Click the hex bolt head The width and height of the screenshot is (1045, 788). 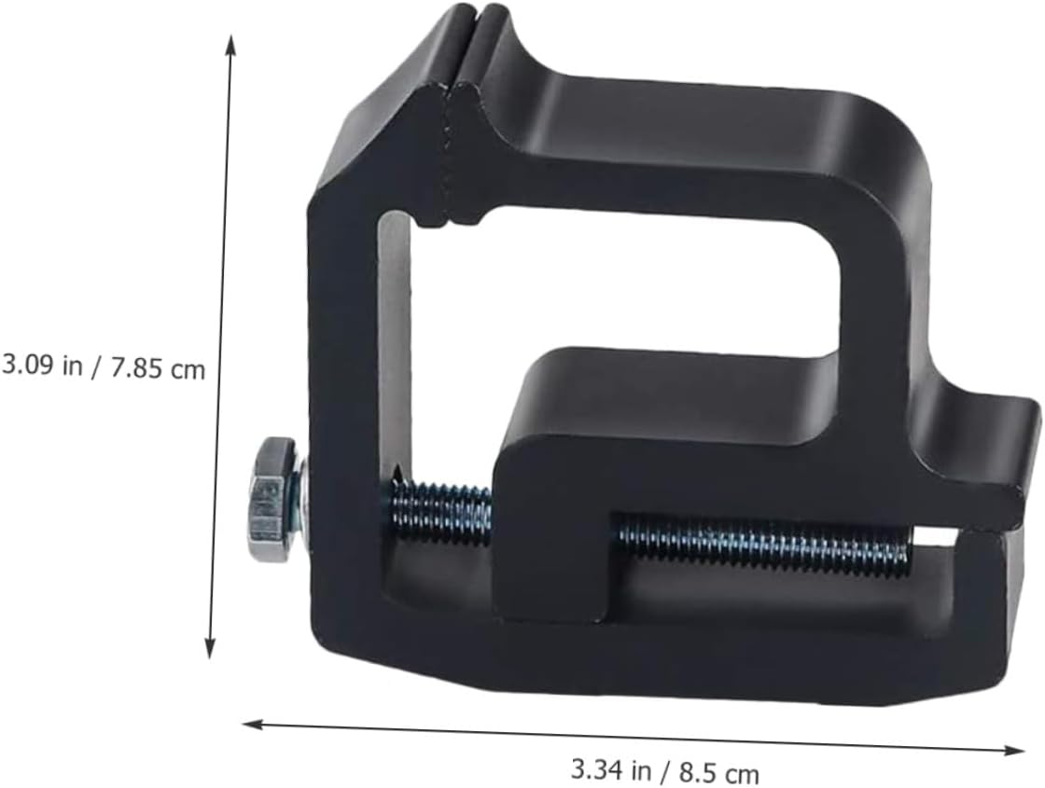(x=271, y=500)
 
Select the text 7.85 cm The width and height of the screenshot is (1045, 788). (x=157, y=367)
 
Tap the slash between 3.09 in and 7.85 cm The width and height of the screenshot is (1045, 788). (x=98, y=366)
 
